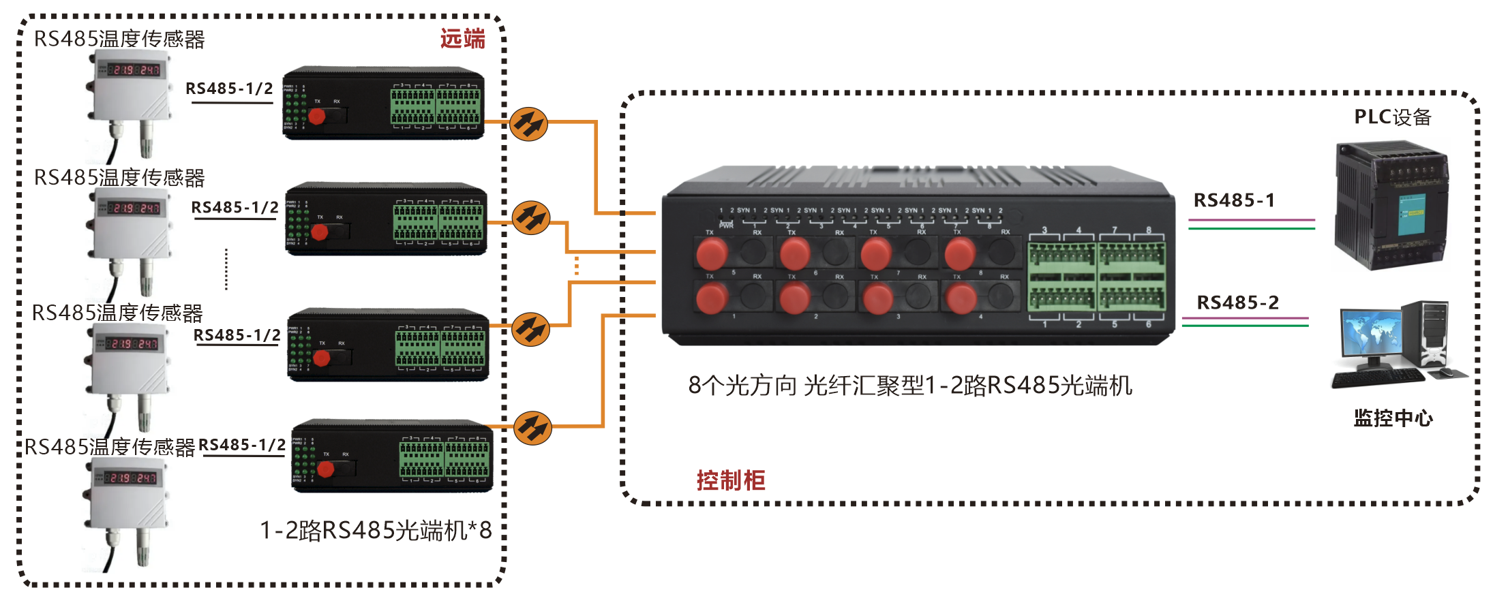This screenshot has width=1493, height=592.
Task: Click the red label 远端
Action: pyautogui.click(x=462, y=39)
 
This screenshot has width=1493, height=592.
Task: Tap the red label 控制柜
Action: pyautogui.click(x=730, y=480)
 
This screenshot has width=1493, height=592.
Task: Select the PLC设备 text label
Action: pyautogui.click(x=1392, y=117)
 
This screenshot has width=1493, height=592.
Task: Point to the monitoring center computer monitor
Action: pyautogui.click(x=1371, y=334)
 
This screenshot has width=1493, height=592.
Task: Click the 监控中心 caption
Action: pyautogui.click(x=1393, y=418)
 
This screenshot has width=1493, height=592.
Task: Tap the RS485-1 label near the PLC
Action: pyautogui.click(x=1234, y=200)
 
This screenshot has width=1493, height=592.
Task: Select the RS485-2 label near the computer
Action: pyautogui.click(x=1238, y=302)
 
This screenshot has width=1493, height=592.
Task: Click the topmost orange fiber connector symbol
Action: pyautogui.click(x=528, y=124)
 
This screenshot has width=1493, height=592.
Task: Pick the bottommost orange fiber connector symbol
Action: pyautogui.click(x=532, y=429)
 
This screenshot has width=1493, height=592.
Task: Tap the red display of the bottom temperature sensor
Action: pyautogui.click(x=132, y=478)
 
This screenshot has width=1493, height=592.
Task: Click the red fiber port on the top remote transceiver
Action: pyautogui.click(x=316, y=116)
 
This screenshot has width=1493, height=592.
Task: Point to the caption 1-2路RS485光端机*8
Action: pyautogui.click(x=376, y=530)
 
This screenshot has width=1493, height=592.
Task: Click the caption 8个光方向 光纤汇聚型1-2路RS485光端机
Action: pyautogui.click(x=910, y=386)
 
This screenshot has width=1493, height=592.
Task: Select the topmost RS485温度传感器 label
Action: pyautogui.click(x=119, y=40)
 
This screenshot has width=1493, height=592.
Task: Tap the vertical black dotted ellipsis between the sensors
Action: pyautogui.click(x=226, y=269)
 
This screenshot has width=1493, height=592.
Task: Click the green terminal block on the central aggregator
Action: pyautogui.click(x=1096, y=276)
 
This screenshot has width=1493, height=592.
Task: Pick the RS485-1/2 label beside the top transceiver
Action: pyautogui.click(x=229, y=89)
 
